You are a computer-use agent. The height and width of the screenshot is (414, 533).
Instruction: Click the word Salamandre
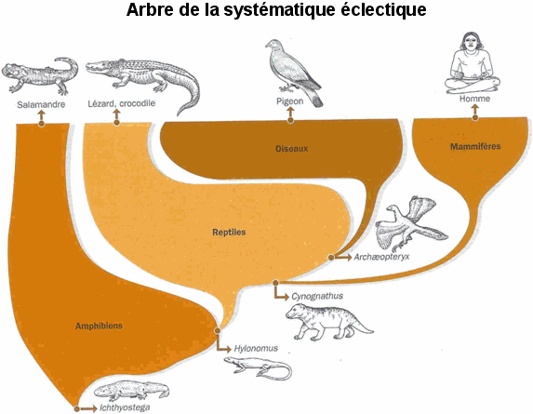tap(41, 104)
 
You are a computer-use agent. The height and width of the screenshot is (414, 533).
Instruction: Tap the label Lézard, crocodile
tap(121, 103)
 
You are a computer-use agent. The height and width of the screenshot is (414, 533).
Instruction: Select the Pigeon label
tap(289, 101)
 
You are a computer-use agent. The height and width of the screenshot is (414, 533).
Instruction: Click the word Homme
tap(474, 99)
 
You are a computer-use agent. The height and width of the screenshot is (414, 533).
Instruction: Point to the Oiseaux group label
tap(292, 149)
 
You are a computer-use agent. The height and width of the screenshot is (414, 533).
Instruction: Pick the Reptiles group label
tap(229, 233)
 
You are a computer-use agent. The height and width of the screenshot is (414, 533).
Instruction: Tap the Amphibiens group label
tap(99, 326)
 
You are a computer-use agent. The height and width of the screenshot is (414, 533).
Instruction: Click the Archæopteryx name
tap(381, 257)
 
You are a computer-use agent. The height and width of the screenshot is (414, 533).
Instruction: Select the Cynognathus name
tap(317, 297)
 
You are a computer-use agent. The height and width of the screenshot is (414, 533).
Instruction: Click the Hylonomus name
tap(256, 348)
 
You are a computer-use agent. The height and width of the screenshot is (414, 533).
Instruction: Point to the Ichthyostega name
tap(125, 407)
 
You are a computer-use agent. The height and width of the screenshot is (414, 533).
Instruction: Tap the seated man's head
tap(471, 42)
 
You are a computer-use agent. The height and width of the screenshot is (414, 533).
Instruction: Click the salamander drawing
tap(40, 75)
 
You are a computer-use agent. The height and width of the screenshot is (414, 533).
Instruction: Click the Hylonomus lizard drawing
tap(258, 368)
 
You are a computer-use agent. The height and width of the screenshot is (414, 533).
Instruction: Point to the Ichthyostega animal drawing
tap(131, 391)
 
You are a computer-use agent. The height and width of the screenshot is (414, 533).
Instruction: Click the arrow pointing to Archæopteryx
tap(343, 258)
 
